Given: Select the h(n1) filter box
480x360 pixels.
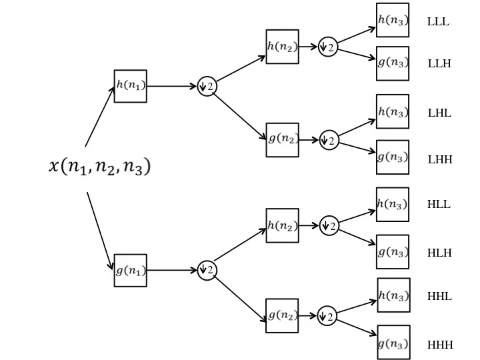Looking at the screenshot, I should [x=130, y=86].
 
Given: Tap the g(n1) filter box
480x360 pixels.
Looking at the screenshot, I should [x=130, y=270].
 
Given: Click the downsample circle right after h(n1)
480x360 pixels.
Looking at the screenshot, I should [x=207, y=86].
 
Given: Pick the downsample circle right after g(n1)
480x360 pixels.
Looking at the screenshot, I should [x=207, y=270].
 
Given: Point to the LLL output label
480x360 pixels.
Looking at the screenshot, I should [x=438, y=21].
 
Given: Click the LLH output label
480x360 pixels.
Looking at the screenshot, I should [x=439, y=64].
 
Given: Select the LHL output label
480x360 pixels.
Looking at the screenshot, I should [x=439, y=113].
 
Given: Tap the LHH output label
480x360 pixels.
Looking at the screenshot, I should [x=440, y=160].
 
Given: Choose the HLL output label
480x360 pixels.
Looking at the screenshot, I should [x=439, y=205].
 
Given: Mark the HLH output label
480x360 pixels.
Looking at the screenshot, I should [x=439, y=253].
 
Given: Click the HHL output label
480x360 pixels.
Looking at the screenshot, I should [x=439, y=297].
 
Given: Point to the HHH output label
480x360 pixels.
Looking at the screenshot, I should [x=440, y=345].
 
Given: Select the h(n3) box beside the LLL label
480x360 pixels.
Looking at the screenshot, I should [x=393, y=20].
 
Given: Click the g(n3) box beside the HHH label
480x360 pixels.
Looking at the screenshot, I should [x=393, y=343].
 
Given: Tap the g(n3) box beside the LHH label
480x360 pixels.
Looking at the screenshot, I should [x=393, y=157].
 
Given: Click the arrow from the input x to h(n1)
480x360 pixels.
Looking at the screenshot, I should [x=100, y=117].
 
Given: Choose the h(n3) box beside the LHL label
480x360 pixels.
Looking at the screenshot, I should [x=393, y=111].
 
